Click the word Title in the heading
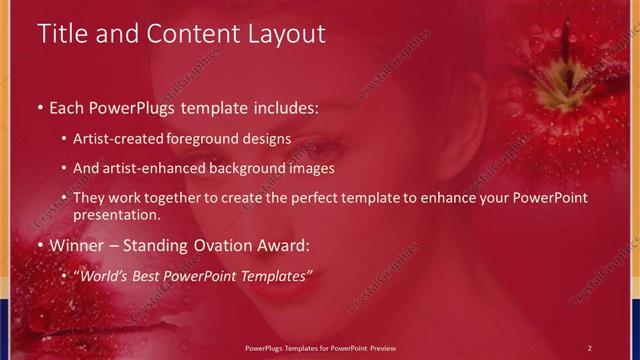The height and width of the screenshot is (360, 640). point(62,34)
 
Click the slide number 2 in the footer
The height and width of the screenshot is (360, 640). point(589,347)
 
